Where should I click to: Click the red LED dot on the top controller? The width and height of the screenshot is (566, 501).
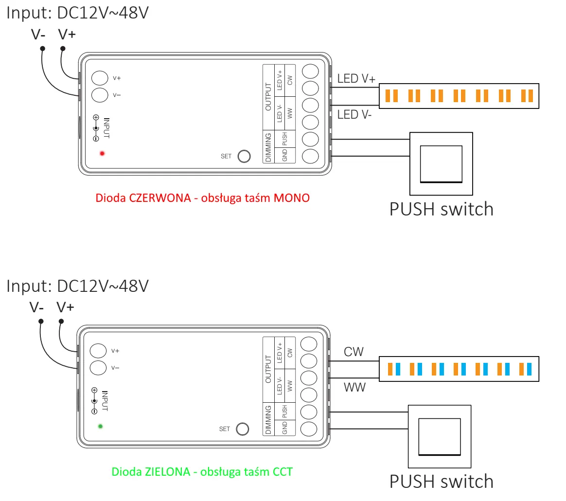102,154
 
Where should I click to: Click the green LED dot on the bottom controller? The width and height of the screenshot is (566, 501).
101,426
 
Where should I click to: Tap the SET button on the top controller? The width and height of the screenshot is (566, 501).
243,156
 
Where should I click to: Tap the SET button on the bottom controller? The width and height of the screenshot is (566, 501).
242,429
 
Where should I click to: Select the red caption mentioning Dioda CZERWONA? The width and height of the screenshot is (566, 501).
202,198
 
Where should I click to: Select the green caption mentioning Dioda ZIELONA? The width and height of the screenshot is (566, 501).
202,471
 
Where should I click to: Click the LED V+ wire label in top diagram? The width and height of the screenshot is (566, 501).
356,79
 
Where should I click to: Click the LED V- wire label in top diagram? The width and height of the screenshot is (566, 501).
355,115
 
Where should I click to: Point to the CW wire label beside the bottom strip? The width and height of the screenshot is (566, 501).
354,352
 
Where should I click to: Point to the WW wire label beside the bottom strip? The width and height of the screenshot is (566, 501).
354,388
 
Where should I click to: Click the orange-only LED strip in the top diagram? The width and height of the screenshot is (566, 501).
459,95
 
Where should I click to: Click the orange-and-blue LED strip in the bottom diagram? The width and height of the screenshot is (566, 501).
459,368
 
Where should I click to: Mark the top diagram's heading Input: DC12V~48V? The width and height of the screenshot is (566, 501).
77,13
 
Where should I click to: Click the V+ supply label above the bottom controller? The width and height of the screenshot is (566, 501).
65,307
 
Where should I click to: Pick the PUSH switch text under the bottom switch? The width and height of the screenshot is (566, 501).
442,481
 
